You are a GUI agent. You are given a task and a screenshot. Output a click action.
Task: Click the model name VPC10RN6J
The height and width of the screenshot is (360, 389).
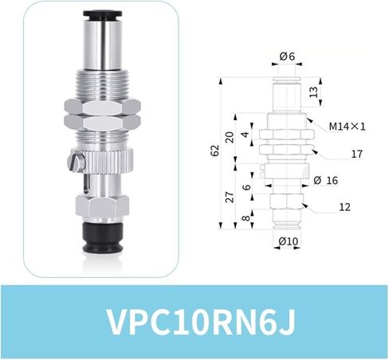coord(202,322)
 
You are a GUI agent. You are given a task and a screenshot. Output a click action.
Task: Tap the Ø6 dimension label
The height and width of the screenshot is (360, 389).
coord(287,56)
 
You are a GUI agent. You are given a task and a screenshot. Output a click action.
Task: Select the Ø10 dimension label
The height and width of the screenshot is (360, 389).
coord(289,241)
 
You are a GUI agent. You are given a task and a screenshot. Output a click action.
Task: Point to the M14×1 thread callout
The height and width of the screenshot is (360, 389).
coord(347,127)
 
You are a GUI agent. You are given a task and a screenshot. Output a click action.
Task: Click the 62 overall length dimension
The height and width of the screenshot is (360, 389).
coord(215,151)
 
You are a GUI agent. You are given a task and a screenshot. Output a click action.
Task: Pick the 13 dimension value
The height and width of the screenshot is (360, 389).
coord(314,92)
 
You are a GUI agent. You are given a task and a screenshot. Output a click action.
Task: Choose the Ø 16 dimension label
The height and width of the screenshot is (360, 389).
coord(325,180)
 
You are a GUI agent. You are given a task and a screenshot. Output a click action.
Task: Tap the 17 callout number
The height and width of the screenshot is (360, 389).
coord(356,154)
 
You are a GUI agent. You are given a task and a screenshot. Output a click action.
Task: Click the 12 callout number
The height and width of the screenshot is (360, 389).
coord(344,207)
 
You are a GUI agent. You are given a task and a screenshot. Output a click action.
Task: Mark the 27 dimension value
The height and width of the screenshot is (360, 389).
coord(230,197)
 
